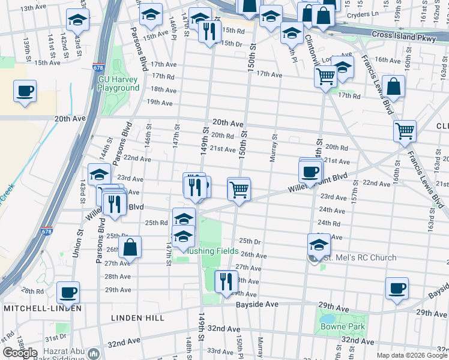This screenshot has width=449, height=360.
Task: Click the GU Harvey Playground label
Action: [119, 83]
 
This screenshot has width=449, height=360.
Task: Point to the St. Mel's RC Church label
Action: [360, 258]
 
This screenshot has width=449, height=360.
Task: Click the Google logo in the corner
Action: [20, 353]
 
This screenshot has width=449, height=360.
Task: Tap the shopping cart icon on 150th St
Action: [239, 190]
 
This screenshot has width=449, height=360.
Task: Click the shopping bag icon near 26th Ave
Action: [130, 247]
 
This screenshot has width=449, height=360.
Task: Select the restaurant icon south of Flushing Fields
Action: [226, 281]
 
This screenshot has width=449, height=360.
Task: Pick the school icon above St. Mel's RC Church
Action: [319, 244]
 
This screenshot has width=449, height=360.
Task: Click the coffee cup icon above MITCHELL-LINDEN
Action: [68, 292]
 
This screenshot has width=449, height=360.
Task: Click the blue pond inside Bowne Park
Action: [328, 319]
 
